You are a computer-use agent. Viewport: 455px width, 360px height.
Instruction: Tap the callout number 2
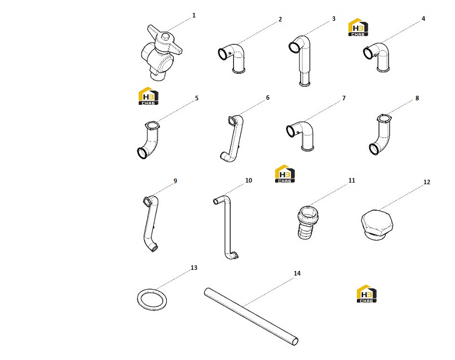(280, 19)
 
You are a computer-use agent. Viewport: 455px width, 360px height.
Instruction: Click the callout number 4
(423, 19)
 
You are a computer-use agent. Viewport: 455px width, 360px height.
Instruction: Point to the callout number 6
(268, 97)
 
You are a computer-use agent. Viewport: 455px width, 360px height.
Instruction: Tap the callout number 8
(417, 98)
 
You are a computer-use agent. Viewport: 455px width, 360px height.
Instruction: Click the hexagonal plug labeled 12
(377, 225)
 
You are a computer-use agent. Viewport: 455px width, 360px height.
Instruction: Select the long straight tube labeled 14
(251, 317)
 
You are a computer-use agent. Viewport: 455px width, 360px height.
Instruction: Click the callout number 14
(297, 273)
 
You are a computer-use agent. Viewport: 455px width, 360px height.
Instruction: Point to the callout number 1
(194, 15)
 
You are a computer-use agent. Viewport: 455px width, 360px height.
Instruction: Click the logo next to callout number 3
(358, 27)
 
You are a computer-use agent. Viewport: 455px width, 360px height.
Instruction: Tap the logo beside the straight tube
(366, 294)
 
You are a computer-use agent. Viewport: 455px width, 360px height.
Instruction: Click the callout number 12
(427, 182)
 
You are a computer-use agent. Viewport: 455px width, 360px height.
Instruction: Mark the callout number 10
(249, 180)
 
